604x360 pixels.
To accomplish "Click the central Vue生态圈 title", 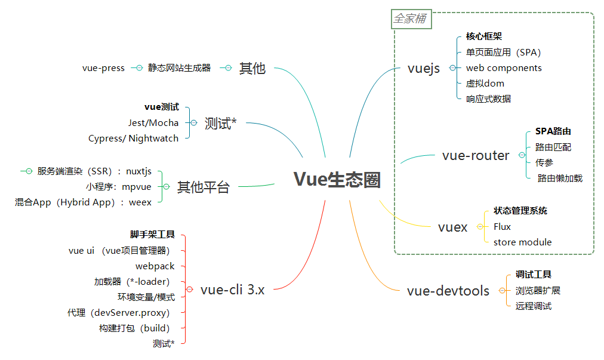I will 337,180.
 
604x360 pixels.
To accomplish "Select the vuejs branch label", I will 424,68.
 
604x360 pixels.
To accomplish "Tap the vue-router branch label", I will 476,156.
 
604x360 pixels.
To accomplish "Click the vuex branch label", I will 453,227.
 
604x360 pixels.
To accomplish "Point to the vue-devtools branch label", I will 448,291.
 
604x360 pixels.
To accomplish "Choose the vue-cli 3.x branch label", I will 233,290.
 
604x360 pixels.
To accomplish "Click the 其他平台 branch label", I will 204,187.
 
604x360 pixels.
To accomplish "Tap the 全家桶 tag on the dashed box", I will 410,19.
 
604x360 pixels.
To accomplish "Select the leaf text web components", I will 504,68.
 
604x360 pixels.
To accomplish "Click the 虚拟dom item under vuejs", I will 485,84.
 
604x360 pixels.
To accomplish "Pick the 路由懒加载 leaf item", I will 560,178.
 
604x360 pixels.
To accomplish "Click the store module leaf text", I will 522,242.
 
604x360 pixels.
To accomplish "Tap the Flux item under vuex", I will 502,227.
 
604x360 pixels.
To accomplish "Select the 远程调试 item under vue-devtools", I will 533,306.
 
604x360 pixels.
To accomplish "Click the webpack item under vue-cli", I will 155,266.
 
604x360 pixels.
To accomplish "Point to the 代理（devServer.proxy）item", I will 119,313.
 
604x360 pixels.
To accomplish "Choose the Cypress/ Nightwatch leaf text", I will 133,139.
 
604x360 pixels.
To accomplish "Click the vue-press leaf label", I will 103,68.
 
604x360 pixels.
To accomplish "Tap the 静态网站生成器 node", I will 180,68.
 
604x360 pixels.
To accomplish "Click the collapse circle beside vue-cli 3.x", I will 189,290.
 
